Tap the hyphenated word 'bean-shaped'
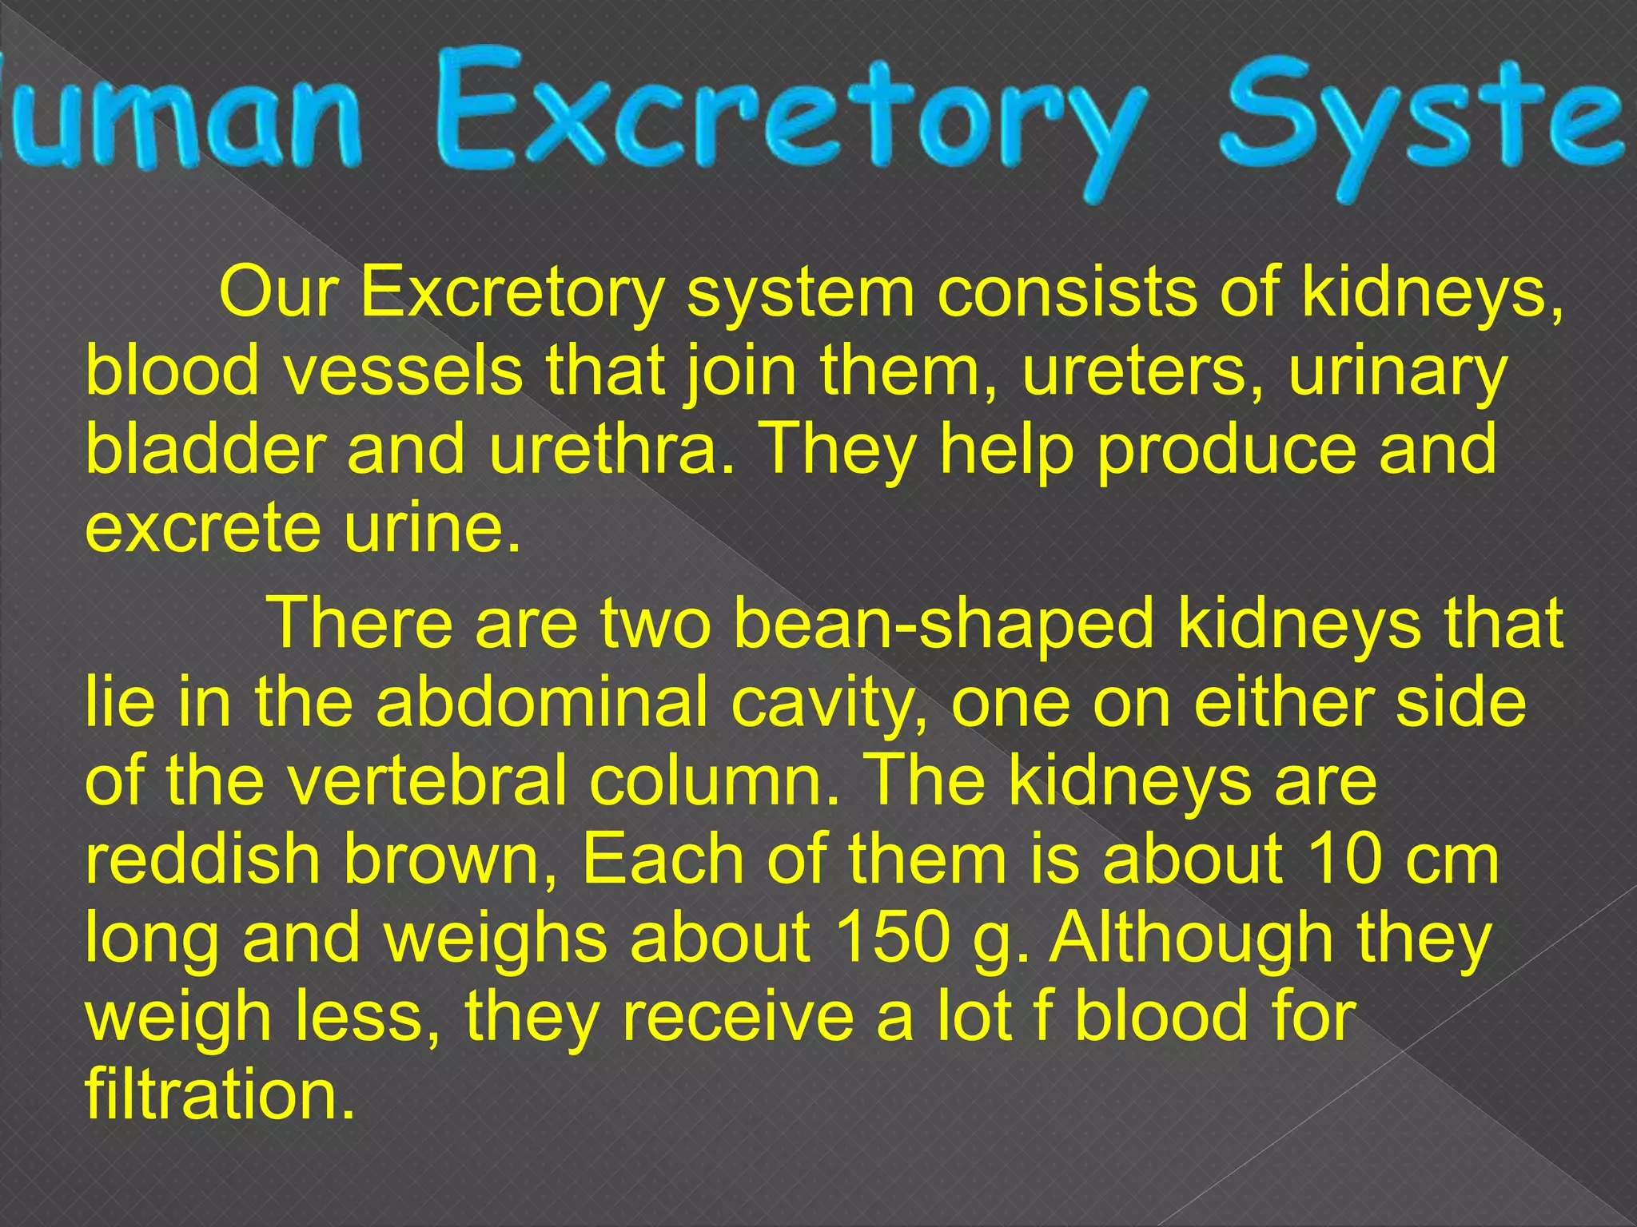(x=943, y=624)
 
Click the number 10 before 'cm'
(x=1355, y=859)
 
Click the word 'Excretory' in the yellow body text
(x=512, y=293)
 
